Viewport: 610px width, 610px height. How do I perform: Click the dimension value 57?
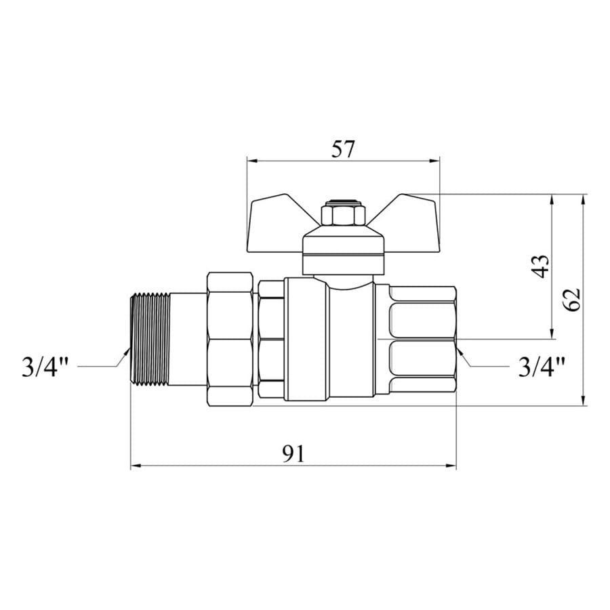343,149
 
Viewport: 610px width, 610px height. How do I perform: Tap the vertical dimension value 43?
540,266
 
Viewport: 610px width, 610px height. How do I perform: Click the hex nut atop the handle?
343,213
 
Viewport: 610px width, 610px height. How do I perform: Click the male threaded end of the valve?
150,339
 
